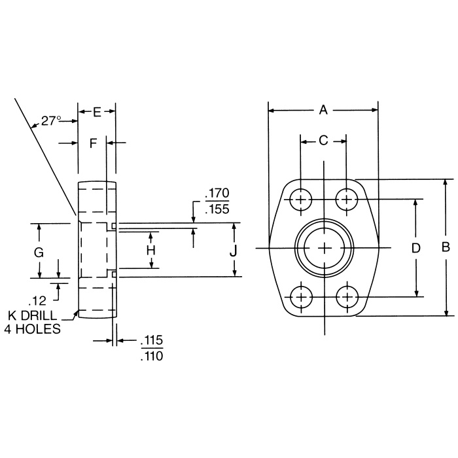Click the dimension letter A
pyautogui.click(x=323, y=111)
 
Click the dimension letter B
pyautogui.click(x=446, y=247)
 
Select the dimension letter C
pyautogui.click(x=323, y=141)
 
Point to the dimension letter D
pyautogui.click(x=415, y=247)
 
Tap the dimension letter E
pyautogui.click(x=97, y=112)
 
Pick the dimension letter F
pyautogui.click(x=93, y=142)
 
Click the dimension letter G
pyautogui.click(x=39, y=252)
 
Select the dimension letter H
pyautogui.click(x=150, y=250)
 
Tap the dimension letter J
pyautogui.click(x=234, y=250)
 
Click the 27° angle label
pyautogui.click(x=51, y=120)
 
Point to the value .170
pyautogui.click(x=217, y=194)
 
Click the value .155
pyautogui.click(x=217, y=209)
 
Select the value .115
pyautogui.click(x=152, y=341)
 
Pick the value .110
pyautogui.click(x=152, y=356)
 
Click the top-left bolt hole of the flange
pyautogui.click(x=301, y=199)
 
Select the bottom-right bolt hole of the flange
pyautogui.click(x=347, y=297)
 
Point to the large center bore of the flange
pyautogui.click(x=325, y=248)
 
